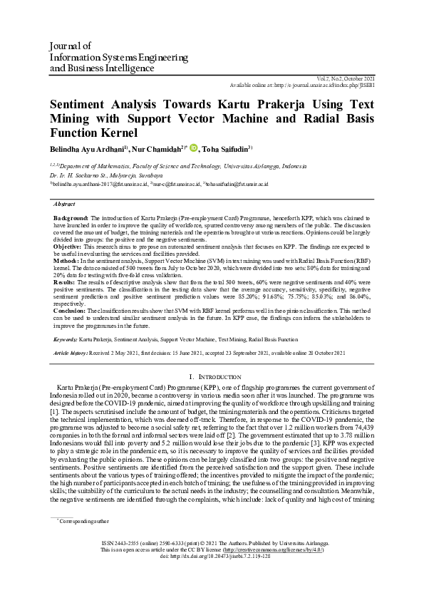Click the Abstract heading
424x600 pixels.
coord(65,203)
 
